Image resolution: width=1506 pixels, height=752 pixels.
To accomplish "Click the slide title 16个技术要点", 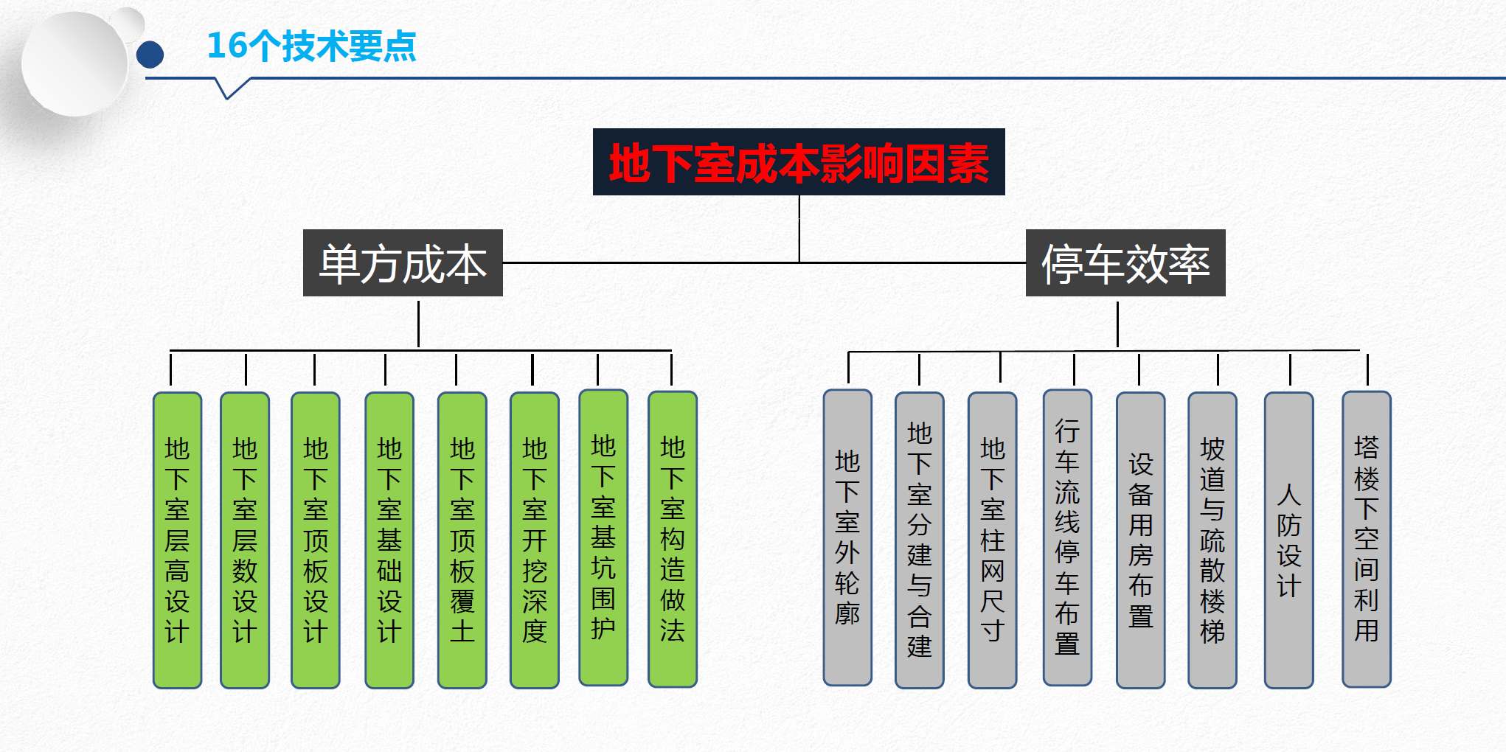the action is pos(311,46).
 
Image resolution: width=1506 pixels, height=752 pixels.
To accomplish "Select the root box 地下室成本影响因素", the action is pos(799,162).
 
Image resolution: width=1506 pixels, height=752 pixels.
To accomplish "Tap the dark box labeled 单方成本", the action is pos(403,263).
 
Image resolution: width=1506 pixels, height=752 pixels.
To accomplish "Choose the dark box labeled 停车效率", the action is pos(1125,263).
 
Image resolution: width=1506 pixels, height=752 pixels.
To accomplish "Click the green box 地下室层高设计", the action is pos(177,540).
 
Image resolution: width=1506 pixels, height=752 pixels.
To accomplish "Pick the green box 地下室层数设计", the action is pos(245,540).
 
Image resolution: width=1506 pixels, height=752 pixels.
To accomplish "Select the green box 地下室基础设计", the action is pos(389,540).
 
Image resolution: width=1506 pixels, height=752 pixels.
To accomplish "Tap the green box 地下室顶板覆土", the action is pos(462,540).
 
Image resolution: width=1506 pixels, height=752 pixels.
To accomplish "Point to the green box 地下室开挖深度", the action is pos(535,540).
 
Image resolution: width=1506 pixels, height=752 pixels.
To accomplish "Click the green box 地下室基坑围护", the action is pos(603,537).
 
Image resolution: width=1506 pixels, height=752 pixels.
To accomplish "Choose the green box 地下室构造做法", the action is pos(673,539).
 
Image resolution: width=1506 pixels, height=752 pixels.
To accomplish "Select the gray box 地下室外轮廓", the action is pos(847,537).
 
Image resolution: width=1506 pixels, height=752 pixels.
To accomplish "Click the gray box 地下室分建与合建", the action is pos(920,540).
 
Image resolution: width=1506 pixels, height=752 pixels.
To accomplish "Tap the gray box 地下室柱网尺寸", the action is pos(993,540).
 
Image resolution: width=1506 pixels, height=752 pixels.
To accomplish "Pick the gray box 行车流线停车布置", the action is pos(1067,537).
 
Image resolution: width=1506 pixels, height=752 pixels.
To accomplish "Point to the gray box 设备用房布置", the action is pos(1141,540).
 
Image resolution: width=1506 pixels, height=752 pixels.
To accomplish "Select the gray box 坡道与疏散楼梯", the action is pos(1212,540).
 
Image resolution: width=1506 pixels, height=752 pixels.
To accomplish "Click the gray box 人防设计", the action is pos(1289,540).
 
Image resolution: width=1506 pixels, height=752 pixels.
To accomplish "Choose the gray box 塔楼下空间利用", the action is pos(1367,539).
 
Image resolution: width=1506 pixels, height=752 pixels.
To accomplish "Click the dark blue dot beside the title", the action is pos(150,55).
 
